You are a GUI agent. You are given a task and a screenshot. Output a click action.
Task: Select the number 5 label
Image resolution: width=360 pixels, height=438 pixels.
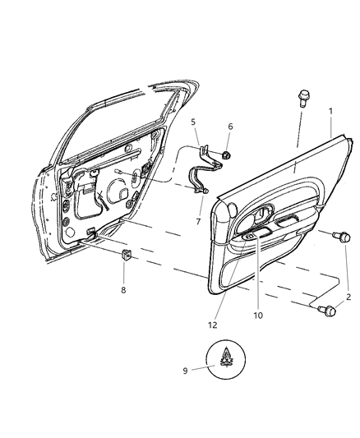[x=194, y=122]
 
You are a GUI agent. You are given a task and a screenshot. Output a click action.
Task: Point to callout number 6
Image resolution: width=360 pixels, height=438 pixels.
[x=230, y=127]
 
